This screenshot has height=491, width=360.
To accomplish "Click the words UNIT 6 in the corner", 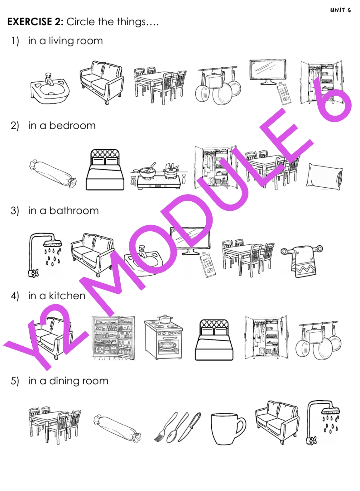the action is (x=340, y=10).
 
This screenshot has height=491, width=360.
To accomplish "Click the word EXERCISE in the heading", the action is (x=33, y=22).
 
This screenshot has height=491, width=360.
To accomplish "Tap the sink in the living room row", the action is (x=50, y=89).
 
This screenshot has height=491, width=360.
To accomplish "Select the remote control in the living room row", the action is (x=284, y=94).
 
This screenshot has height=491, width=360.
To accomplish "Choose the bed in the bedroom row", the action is (x=105, y=170).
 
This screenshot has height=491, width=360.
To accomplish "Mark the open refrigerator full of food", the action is (x=113, y=338).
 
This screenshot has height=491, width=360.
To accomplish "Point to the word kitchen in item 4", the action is (x=67, y=296).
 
